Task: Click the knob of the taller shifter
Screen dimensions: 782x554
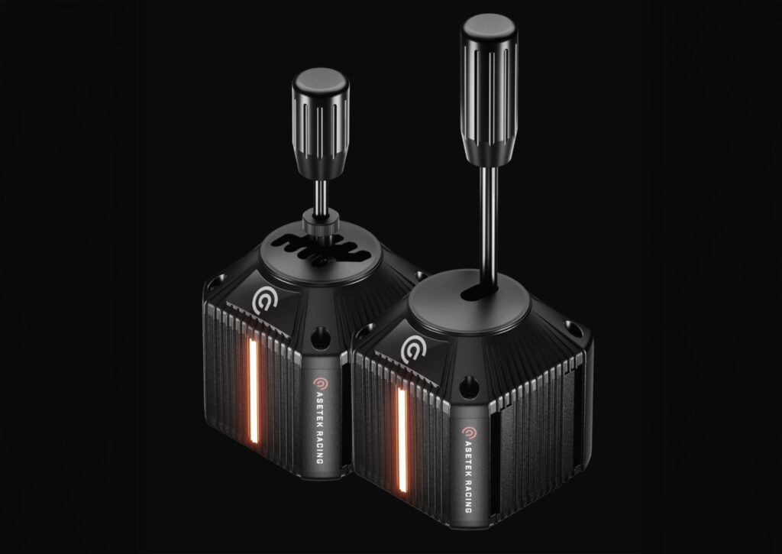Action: [489, 90]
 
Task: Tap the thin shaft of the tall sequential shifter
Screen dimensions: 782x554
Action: [489, 227]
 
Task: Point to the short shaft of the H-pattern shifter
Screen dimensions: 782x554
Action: [321, 197]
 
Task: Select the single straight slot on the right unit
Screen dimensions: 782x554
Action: [479, 293]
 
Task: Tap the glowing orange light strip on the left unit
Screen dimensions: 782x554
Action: [254, 391]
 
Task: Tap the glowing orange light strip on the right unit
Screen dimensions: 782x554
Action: [402, 440]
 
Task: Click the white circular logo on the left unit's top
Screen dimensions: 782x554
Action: [263, 300]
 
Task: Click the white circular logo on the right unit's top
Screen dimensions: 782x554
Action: [413, 349]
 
